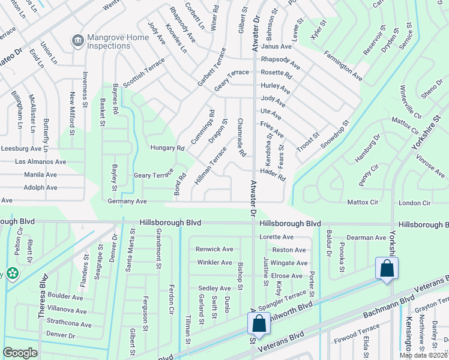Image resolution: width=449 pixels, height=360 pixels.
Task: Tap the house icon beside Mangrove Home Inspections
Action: (x=77, y=41)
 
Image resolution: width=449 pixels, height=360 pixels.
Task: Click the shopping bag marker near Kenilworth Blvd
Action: (x=259, y=324)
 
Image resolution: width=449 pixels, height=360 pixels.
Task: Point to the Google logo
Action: (x=20, y=353)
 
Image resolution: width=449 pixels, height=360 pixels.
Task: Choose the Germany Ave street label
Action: (x=127, y=202)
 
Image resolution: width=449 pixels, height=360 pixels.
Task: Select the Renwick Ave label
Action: (x=214, y=249)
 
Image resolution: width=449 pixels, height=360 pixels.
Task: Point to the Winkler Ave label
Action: (x=214, y=262)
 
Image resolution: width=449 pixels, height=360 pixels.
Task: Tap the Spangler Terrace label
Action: (x=283, y=296)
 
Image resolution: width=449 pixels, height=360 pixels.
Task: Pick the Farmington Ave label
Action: (x=343, y=67)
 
